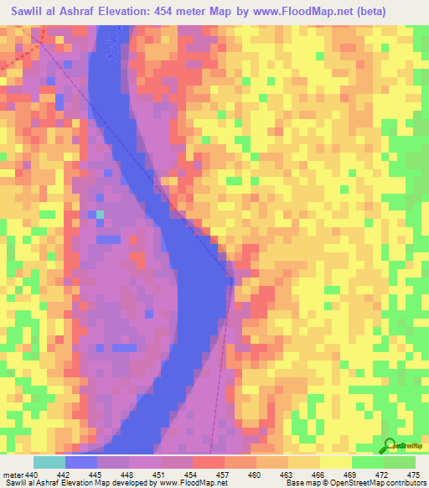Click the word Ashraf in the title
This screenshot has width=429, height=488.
[x=92, y=10]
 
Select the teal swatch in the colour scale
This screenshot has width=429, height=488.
[x=49, y=462]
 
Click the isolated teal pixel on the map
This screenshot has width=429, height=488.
[x=101, y=215]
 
